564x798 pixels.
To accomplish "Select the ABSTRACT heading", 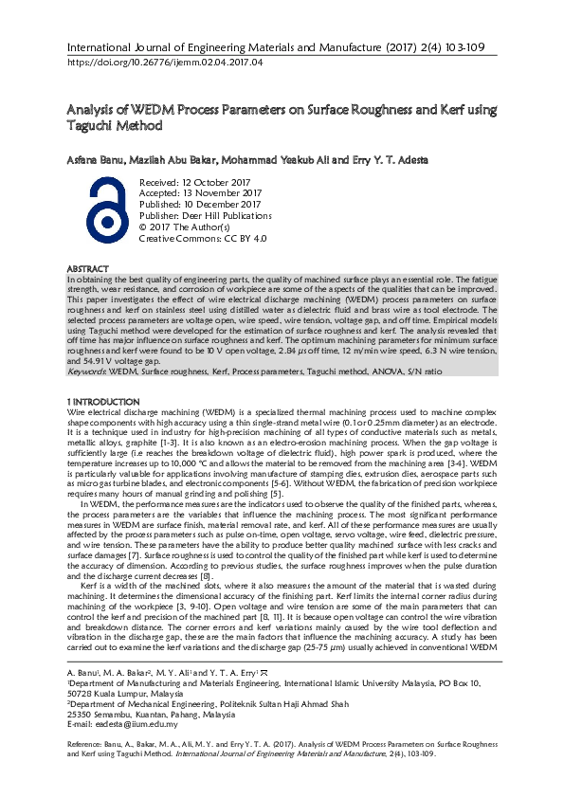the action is [x=88, y=270].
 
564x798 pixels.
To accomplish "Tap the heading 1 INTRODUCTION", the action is [x=103, y=404].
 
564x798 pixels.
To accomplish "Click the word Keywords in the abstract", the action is [x=87, y=371].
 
